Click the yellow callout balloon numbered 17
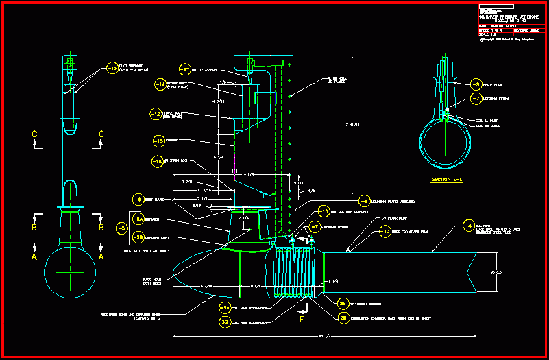(184, 70)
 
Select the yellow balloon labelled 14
(160, 85)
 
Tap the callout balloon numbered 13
(160, 141)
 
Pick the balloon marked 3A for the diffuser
(138, 219)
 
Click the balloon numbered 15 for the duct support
(112, 69)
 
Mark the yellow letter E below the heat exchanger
(302, 319)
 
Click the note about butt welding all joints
(147, 252)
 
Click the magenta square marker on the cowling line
(234, 171)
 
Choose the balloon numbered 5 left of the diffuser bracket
(123, 228)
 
